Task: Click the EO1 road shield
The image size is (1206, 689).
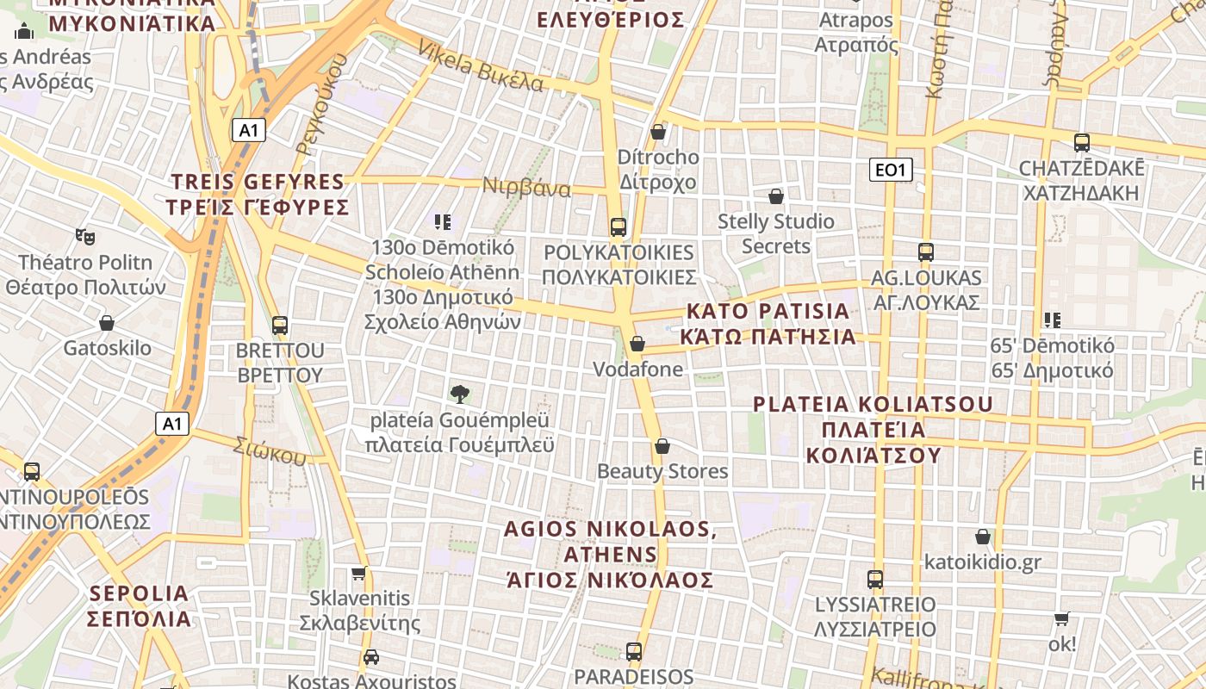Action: click(890, 170)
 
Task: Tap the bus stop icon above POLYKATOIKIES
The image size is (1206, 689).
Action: click(618, 227)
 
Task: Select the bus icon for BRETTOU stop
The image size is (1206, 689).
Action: click(280, 326)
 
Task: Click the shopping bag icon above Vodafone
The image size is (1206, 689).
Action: click(637, 344)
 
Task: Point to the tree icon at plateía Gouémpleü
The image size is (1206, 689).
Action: click(460, 394)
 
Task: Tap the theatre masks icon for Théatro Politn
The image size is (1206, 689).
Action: click(84, 235)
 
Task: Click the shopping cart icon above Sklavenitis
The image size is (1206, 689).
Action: click(359, 573)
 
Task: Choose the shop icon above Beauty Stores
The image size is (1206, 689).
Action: click(662, 446)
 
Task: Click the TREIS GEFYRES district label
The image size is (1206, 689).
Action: click(259, 195)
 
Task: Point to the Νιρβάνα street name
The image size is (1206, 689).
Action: click(526, 187)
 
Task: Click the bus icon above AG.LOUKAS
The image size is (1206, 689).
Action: click(926, 252)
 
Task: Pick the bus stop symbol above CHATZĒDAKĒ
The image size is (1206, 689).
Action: click(1082, 143)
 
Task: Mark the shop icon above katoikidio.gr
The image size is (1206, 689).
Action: click(982, 537)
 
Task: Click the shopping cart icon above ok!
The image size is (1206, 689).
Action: click(1062, 618)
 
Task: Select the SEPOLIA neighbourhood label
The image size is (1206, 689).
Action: click(140, 605)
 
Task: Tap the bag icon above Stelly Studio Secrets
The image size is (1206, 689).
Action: click(776, 196)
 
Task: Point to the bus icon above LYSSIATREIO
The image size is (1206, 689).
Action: click(875, 579)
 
